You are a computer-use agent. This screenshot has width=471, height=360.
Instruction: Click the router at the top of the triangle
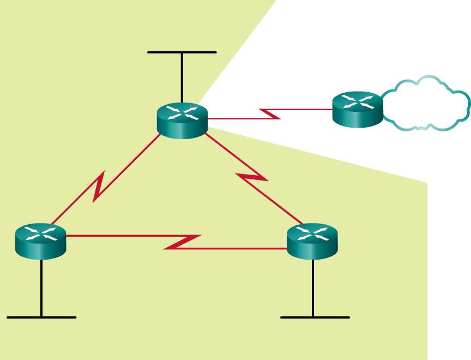tap(182, 121)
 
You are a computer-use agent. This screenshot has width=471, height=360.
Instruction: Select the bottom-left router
tap(41, 242)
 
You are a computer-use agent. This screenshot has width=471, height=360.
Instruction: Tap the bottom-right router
tap(312, 241)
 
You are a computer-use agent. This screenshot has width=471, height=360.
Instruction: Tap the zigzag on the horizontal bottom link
tap(183, 243)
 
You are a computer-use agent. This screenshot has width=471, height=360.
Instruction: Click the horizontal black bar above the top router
tap(182, 52)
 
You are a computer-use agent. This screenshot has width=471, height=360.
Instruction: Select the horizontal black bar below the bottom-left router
tap(41, 317)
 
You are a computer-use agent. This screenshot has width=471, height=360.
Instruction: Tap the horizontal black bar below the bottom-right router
tap(315, 317)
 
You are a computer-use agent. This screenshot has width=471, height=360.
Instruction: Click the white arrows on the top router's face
tap(182, 113)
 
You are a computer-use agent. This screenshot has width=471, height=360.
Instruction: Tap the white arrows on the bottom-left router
tap(41, 233)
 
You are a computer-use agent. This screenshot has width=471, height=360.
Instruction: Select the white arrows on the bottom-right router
tap(312, 233)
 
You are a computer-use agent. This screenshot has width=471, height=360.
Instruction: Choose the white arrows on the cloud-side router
tap(358, 101)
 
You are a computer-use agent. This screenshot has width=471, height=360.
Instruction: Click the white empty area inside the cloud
tap(425, 106)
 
